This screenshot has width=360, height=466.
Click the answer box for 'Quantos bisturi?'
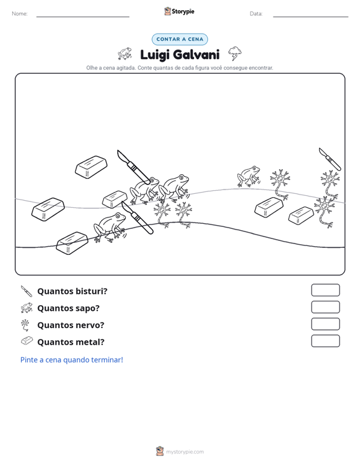(325, 290)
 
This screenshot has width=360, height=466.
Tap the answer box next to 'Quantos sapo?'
(325, 307)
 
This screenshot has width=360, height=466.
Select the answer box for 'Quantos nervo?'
(325, 324)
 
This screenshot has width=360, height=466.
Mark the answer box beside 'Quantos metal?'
(325, 341)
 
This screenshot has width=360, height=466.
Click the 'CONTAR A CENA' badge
(179, 39)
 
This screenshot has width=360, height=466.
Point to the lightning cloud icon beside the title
(235, 53)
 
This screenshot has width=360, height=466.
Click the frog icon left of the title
(125, 53)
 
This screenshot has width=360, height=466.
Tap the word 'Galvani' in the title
(196, 55)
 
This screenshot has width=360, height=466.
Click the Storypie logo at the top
(179, 11)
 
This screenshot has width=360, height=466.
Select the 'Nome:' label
(20, 14)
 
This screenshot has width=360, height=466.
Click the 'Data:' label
(256, 14)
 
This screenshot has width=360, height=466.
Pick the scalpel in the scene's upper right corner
(329, 159)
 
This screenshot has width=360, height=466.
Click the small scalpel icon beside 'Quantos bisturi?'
(27, 291)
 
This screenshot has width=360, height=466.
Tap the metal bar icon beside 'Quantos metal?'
(27, 341)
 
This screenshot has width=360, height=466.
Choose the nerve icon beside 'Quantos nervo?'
(25, 325)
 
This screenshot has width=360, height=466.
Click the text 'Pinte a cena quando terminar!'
(72, 360)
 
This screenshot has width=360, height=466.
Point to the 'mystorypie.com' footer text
(185, 452)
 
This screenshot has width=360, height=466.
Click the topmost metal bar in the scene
(91, 167)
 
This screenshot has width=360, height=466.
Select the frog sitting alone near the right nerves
(249, 176)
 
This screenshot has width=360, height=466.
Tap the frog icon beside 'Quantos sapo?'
(27, 308)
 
